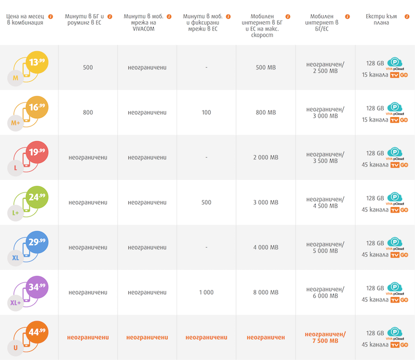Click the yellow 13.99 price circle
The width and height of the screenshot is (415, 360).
[37, 62]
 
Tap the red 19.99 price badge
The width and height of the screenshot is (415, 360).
[37, 152]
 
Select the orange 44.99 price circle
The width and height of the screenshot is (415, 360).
[37, 332]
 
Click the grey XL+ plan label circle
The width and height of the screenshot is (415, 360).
[15, 303]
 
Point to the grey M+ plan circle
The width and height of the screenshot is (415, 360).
[15, 123]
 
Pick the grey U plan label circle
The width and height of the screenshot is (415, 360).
[15, 348]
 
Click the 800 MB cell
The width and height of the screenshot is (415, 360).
[265, 112]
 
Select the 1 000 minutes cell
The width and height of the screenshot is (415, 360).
[206, 292]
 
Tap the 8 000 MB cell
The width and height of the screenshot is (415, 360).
[265, 292]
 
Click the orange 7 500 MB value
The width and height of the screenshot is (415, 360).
[326, 341]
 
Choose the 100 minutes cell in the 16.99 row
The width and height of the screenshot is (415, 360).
[206, 112]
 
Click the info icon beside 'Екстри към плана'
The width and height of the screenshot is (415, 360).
[407, 16]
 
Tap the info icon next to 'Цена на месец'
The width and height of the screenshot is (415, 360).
[50, 16]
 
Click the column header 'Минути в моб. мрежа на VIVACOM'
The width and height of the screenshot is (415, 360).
[144, 22]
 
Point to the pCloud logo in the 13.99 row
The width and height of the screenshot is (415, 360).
[395, 64]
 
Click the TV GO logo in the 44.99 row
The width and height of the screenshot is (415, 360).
[399, 345]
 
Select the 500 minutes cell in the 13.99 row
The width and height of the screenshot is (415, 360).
[88, 68]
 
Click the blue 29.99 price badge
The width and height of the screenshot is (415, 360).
[37, 242]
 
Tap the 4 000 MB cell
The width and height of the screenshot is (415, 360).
[265, 247]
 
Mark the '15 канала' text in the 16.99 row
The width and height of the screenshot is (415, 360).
[375, 120]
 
